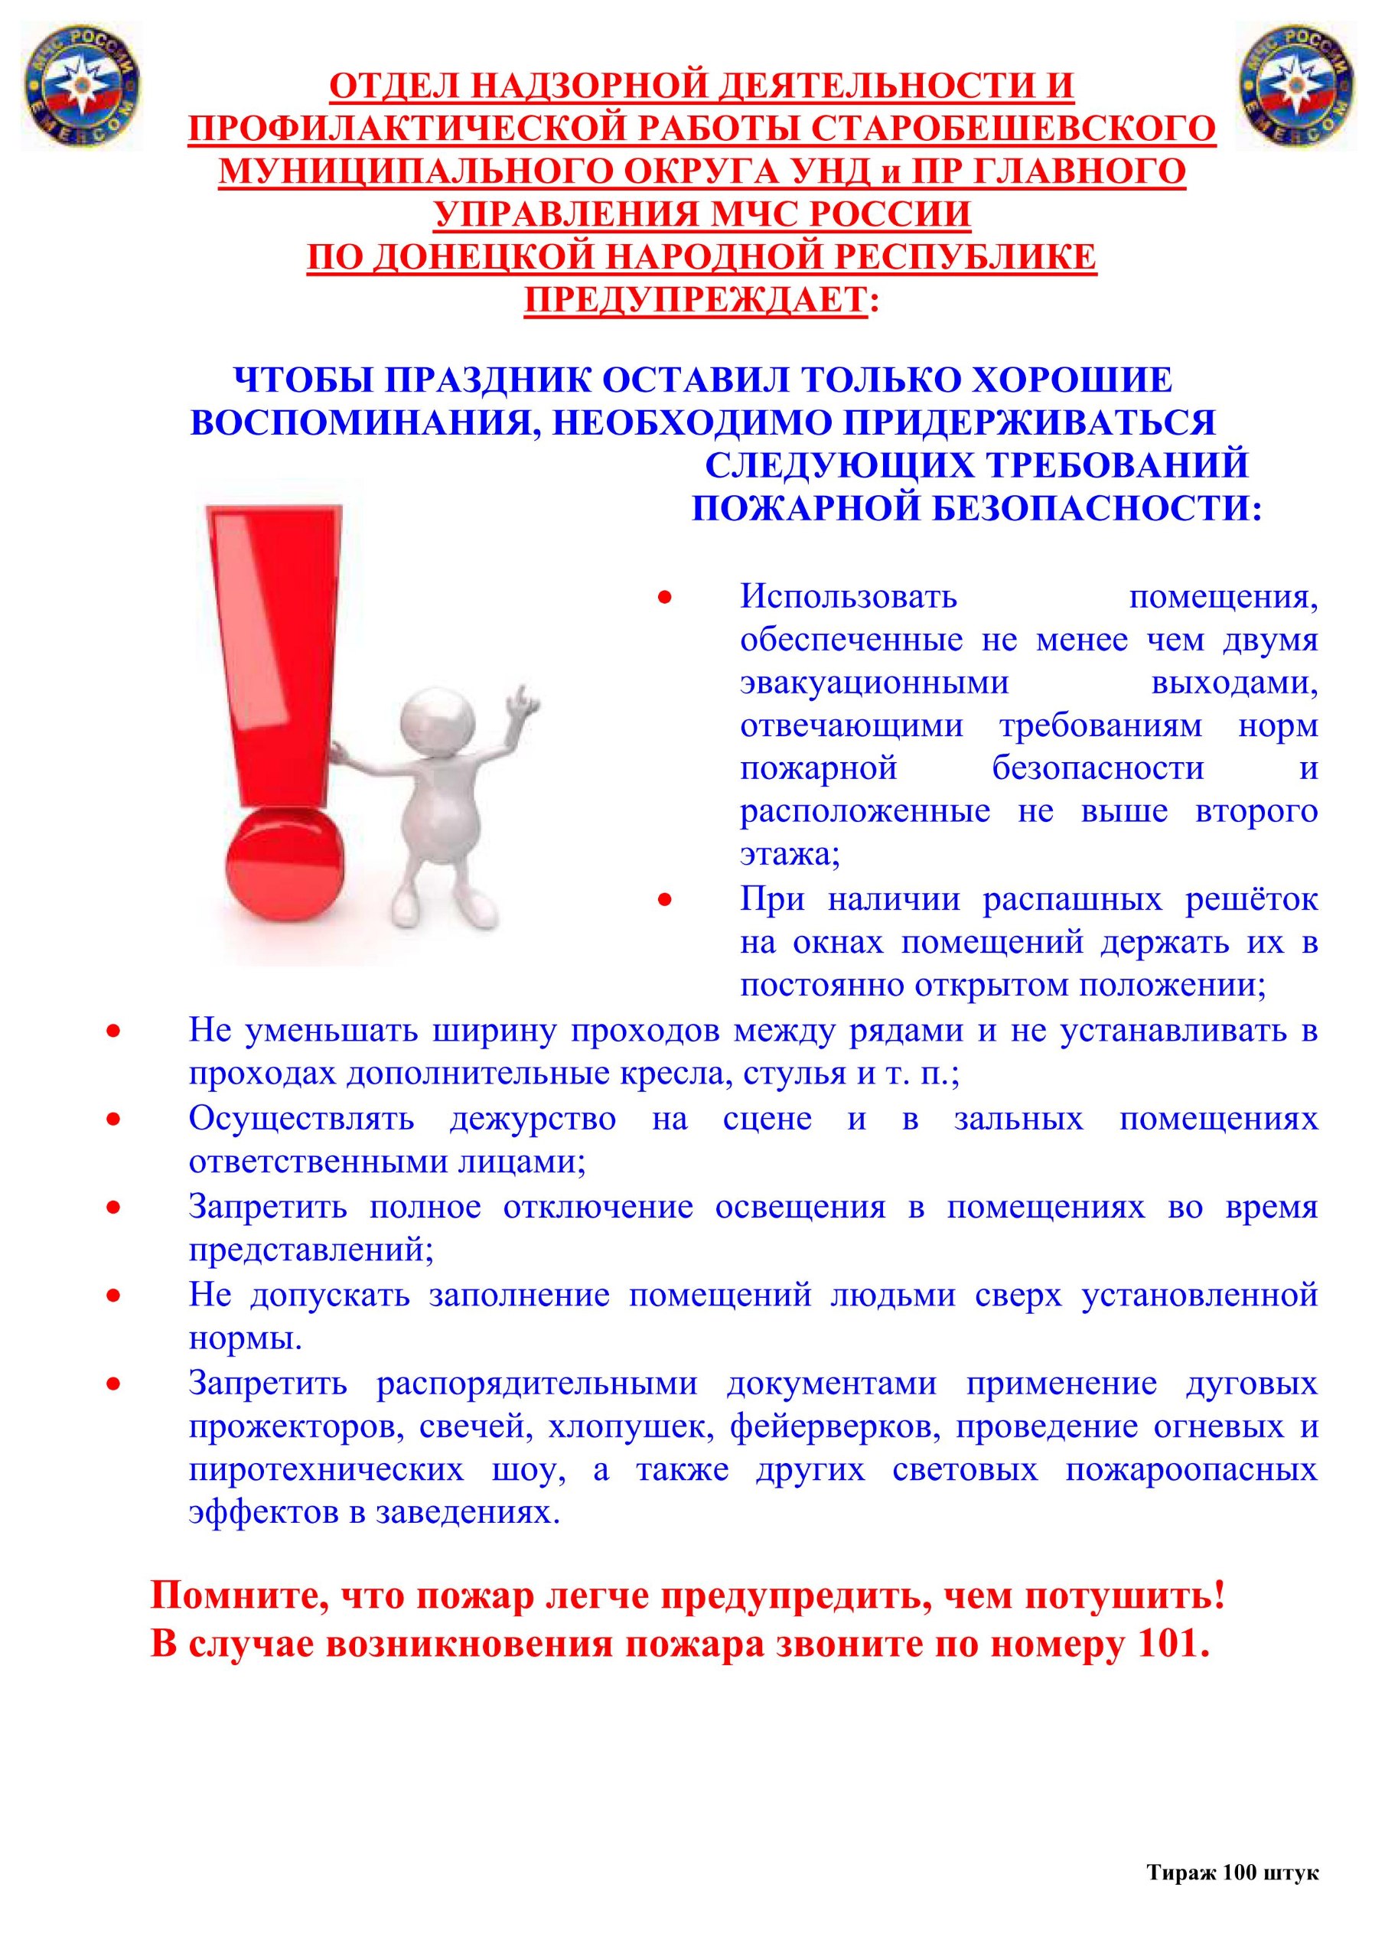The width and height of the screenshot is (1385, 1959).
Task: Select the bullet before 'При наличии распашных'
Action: click(665, 899)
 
